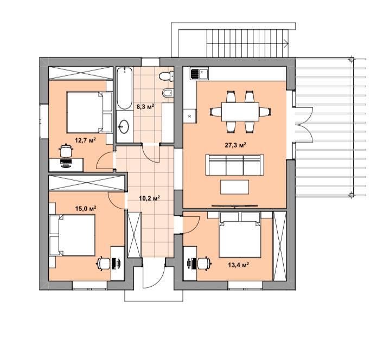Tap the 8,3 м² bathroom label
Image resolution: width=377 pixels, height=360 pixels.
tap(145, 106)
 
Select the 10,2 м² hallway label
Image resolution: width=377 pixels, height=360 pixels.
tap(149, 198)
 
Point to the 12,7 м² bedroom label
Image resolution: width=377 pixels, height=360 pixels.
tap(85, 140)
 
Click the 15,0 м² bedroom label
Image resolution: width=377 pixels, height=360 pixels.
tap(86, 208)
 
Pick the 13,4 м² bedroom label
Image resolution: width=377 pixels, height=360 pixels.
tap(238, 265)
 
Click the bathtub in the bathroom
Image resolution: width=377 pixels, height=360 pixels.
tap(125, 88)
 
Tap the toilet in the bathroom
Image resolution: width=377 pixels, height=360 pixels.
tap(166, 76)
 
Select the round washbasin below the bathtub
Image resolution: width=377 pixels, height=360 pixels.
tap(124, 126)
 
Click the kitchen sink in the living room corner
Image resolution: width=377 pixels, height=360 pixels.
tap(199, 74)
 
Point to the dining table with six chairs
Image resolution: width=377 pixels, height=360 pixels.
tap(240, 112)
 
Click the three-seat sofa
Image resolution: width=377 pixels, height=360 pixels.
tap(234, 165)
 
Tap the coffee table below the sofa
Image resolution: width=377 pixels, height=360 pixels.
tap(235, 187)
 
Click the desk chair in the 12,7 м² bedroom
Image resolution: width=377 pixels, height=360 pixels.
tap(66, 150)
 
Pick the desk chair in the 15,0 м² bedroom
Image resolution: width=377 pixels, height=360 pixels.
tap(104, 263)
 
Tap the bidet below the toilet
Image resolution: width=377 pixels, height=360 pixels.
tap(168, 93)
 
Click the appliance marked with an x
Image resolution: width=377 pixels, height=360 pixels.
tap(190, 117)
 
